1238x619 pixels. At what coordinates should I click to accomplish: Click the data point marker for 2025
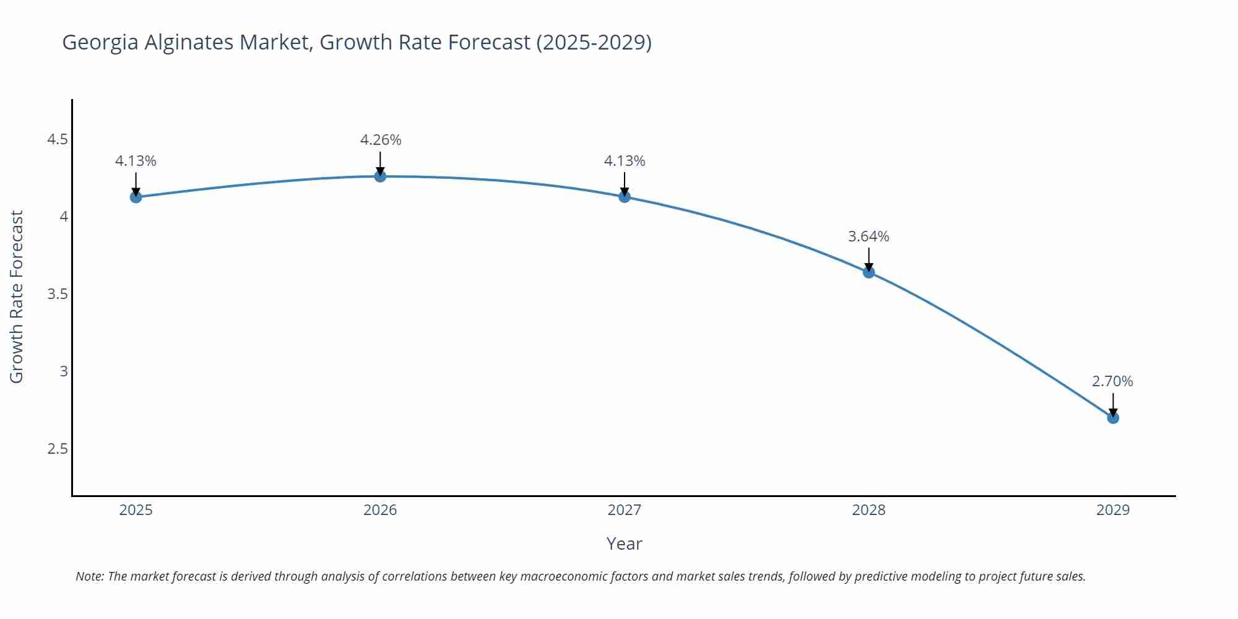click(x=136, y=197)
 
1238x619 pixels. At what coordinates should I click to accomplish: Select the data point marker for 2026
click(x=380, y=176)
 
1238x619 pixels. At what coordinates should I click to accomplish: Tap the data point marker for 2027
click(x=625, y=197)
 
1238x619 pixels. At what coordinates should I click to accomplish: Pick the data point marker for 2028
click(x=868, y=272)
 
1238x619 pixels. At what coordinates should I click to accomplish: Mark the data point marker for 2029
click(x=1113, y=418)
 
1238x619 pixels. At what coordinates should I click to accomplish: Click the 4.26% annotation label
click(x=381, y=141)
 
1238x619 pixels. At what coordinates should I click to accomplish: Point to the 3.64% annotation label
click(x=868, y=236)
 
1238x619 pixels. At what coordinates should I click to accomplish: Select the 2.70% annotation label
click(x=1112, y=381)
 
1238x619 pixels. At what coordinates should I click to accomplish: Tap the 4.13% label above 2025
click(x=136, y=161)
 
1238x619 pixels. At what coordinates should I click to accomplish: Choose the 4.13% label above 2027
click(x=625, y=161)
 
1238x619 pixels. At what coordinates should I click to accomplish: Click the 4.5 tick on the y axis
click(x=58, y=139)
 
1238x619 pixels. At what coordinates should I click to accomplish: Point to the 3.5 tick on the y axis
click(x=58, y=294)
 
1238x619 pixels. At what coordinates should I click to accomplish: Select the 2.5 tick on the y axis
click(x=58, y=449)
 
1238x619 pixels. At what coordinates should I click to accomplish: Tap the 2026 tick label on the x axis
click(x=380, y=510)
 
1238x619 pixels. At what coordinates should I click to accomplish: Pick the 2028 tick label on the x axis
click(x=868, y=510)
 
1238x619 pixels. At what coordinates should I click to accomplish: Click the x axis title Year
click(x=624, y=543)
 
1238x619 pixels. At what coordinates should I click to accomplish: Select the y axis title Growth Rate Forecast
click(x=17, y=297)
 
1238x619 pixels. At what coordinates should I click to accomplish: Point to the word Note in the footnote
click(x=89, y=576)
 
